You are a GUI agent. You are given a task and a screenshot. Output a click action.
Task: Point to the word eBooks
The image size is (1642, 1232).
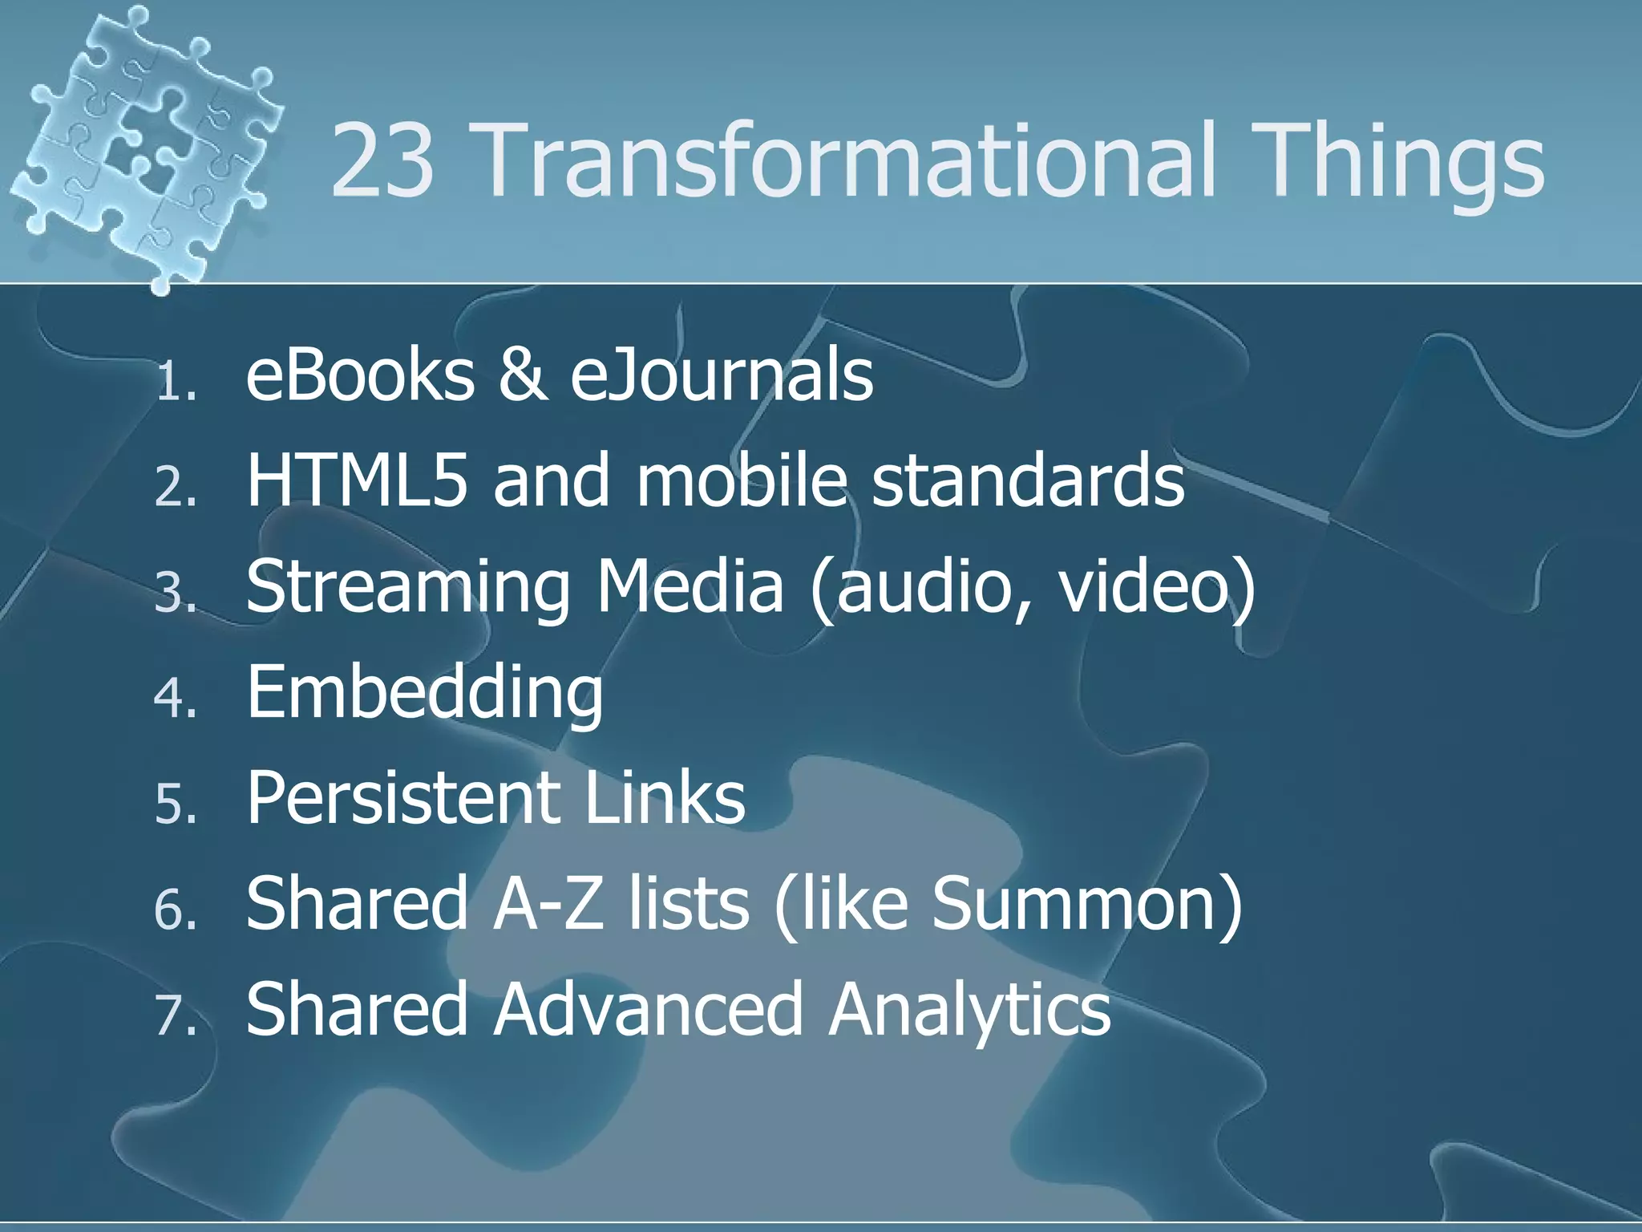360,375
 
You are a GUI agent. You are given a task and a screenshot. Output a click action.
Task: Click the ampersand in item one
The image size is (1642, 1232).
523,375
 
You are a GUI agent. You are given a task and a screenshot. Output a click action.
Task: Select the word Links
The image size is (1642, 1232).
665,797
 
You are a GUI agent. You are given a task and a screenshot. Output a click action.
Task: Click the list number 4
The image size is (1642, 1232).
176,697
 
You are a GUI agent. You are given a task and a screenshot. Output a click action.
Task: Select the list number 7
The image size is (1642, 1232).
176,1014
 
